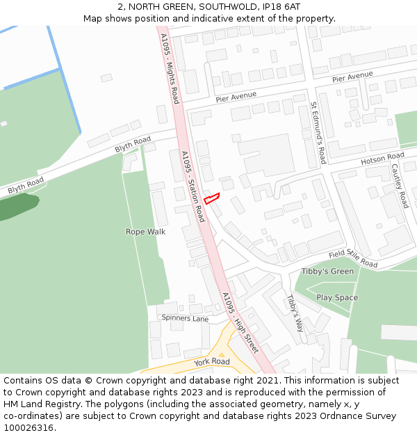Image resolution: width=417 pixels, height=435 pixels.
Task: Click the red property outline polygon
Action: [x=211, y=198]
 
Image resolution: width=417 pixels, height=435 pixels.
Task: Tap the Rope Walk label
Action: [x=145, y=232]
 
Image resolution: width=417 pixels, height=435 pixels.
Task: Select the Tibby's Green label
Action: [x=327, y=271]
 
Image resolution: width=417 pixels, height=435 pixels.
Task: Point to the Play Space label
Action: [x=337, y=298]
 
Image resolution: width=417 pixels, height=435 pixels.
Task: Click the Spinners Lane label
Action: [x=185, y=319]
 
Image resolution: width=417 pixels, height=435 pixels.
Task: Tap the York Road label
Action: [x=212, y=362]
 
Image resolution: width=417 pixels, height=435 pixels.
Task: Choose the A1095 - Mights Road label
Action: [x=170, y=68]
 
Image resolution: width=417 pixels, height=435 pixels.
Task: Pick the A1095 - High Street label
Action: [x=240, y=322]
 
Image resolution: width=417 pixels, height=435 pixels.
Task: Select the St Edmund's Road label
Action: [x=318, y=133]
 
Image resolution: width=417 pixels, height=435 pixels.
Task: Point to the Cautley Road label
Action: [x=400, y=186]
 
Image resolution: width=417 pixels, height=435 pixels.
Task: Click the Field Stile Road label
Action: [x=353, y=259]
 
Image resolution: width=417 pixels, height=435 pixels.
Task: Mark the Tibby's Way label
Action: [x=295, y=311]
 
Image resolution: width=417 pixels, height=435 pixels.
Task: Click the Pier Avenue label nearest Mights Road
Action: [x=236, y=98]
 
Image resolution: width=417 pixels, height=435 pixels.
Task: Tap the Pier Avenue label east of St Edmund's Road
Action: [x=352, y=77]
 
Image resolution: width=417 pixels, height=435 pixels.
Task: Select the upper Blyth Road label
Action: [x=133, y=145]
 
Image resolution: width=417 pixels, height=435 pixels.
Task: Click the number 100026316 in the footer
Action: [x=30, y=428]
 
